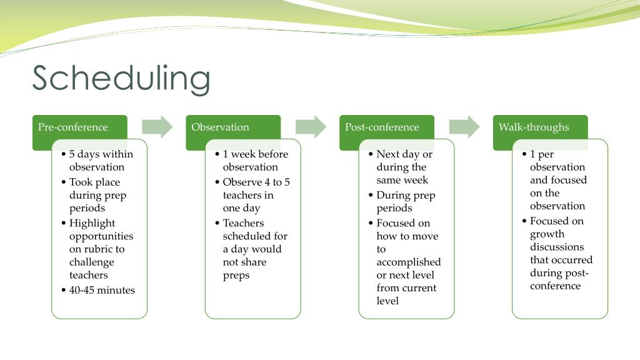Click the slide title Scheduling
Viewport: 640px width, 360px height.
pyautogui.click(x=121, y=79)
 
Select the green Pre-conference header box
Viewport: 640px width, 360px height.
pyautogui.click(x=73, y=127)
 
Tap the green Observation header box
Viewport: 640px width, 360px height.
pyautogui.click(x=221, y=127)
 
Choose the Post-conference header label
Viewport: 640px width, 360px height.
pyautogui.click(x=382, y=127)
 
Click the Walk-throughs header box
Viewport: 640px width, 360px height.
pyautogui.click(x=534, y=127)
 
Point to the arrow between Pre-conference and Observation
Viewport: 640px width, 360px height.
pyautogui.click(x=157, y=127)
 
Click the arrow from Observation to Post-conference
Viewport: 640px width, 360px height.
pyautogui.click(x=311, y=127)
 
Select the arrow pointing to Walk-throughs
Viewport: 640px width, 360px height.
pyautogui.click(x=464, y=127)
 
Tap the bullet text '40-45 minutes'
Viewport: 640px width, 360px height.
pyautogui.click(x=102, y=290)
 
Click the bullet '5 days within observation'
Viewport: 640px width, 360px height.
pyautogui.click(x=100, y=161)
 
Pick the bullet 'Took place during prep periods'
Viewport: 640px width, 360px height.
pyautogui.click(x=97, y=195)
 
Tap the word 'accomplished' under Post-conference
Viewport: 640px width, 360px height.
pyautogui.click(x=408, y=262)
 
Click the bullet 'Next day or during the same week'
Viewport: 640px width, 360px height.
pyautogui.click(x=404, y=167)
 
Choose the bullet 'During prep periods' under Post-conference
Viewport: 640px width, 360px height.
pyautogui.click(x=405, y=201)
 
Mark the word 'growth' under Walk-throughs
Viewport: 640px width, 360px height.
pyautogui.click(x=547, y=234)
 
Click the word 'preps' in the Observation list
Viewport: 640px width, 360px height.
pyautogui.click(x=236, y=275)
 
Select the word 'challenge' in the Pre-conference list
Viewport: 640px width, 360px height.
pyautogui.click(x=92, y=262)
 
